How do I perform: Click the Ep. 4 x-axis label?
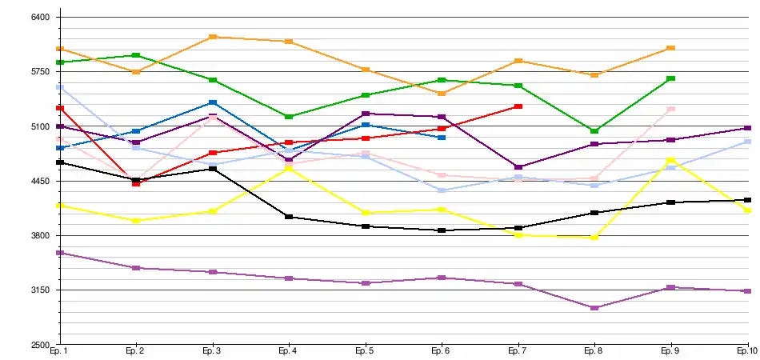pyautogui.click(x=288, y=351)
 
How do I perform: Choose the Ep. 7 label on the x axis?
pyautogui.click(x=518, y=351)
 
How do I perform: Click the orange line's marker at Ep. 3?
pyautogui.click(x=213, y=37)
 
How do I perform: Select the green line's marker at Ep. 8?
pyautogui.click(x=594, y=130)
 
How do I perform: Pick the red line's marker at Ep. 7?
pyautogui.click(x=518, y=106)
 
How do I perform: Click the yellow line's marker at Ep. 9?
pyautogui.click(x=671, y=160)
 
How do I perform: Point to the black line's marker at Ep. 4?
pyautogui.click(x=289, y=217)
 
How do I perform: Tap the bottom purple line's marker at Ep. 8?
pyautogui.click(x=594, y=308)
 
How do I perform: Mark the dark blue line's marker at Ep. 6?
pyautogui.click(x=442, y=138)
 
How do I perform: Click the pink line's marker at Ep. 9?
pyautogui.click(x=671, y=109)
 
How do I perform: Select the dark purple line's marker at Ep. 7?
pyautogui.click(x=518, y=167)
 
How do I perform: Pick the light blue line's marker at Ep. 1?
pyautogui.click(x=60, y=87)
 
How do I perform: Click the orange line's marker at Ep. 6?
pyautogui.click(x=442, y=94)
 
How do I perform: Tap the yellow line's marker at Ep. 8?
pyautogui.click(x=594, y=238)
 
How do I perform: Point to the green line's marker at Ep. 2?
pyautogui.click(x=136, y=55)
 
